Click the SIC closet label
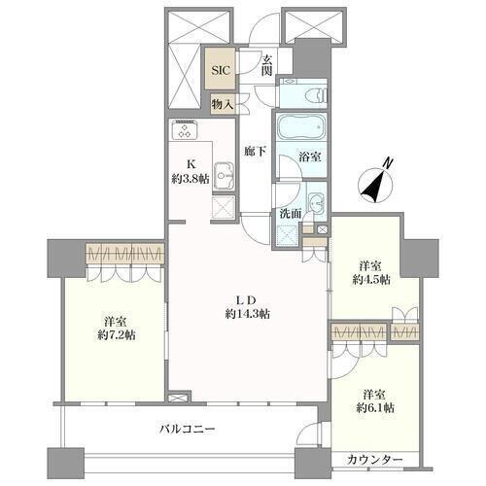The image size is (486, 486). pos(221,70)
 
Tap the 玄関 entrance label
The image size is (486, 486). pos(267,65)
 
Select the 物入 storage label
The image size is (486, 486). pos(222,104)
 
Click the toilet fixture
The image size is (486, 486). pos(316,95)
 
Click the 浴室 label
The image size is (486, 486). pos(310,157)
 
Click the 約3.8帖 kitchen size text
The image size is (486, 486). pos(191,179)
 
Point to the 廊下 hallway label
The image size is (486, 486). pos(256,151)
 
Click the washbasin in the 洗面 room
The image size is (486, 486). pos(316,204)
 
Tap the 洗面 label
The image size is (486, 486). pos(291,214)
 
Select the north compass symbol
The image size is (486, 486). pos(376,184)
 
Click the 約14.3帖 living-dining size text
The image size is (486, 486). pos(248,314)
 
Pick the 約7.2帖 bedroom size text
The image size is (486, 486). pos(117,335)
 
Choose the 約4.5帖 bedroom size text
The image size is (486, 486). pos(371,280)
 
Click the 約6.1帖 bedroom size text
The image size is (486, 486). pos(375,408)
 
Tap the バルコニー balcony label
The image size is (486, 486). pos(188,430)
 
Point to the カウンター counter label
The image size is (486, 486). pos(375,460)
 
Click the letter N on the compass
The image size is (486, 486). pos(388,163)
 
